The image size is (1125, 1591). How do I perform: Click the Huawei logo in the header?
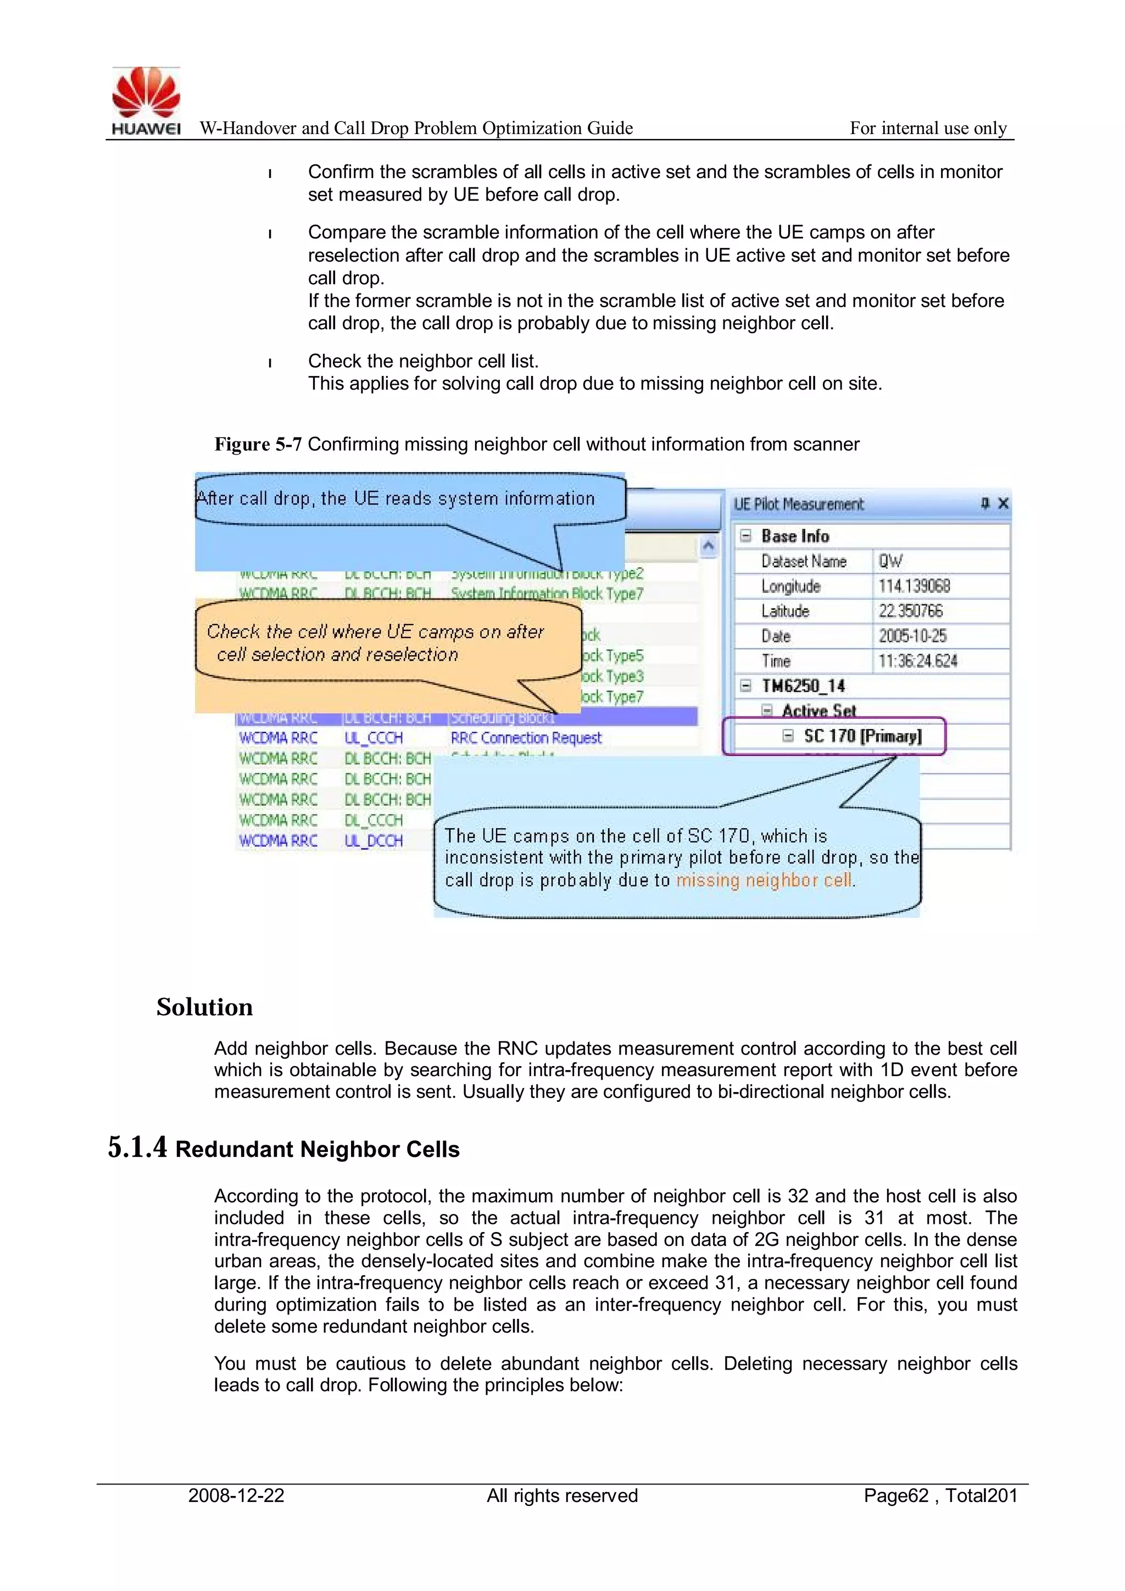(146, 100)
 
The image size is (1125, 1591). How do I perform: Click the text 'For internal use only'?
(928, 128)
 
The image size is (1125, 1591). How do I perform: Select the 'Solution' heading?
(204, 1007)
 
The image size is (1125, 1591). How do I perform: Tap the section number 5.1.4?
(137, 1147)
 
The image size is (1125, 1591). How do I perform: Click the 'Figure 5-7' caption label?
(258, 444)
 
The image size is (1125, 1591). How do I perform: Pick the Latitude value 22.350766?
(910, 611)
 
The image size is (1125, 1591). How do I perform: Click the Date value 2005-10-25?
(912, 636)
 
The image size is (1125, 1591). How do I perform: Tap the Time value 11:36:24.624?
(917, 661)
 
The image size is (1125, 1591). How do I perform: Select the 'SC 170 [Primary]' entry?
(862, 736)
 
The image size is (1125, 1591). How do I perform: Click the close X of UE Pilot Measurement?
(1003, 504)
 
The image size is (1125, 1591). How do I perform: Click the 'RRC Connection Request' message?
(526, 738)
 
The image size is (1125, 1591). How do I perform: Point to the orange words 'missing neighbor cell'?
(764, 880)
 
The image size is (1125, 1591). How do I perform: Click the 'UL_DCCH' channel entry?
(374, 840)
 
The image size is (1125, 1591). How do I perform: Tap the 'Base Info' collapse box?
(745, 536)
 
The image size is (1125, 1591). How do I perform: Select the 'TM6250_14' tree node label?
(803, 686)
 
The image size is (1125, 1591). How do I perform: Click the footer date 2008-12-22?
(236, 1495)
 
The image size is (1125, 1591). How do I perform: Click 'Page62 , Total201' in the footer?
(940, 1495)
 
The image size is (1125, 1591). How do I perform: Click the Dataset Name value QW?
(890, 561)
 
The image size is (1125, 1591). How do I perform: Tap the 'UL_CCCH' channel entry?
(374, 738)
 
